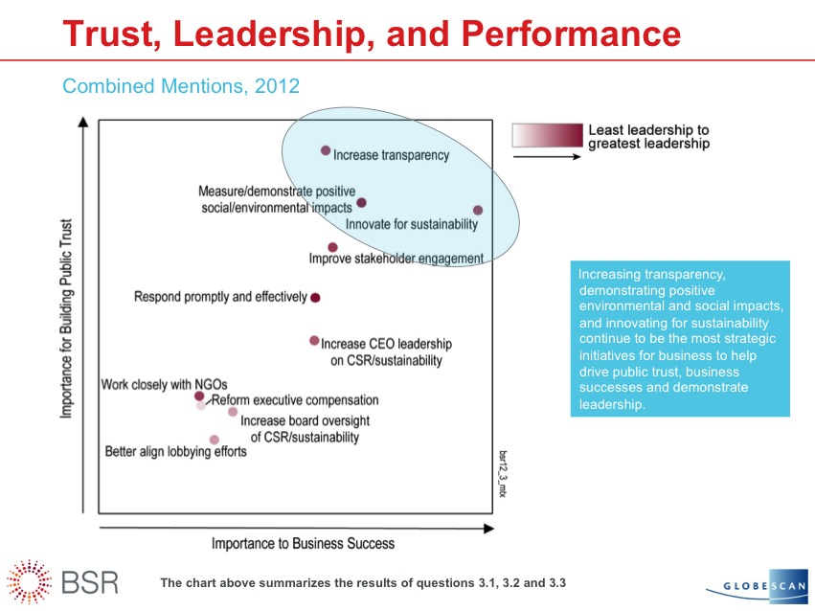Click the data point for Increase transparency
click(x=326, y=150)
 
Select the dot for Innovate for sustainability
click(x=478, y=210)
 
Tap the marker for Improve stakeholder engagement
click(x=332, y=247)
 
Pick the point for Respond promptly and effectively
click(x=315, y=298)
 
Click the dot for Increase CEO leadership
click(x=314, y=340)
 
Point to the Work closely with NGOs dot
click(x=199, y=396)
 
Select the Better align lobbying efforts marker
click(x=215, y=440)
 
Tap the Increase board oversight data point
click(x=233, y=412)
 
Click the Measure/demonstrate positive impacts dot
click(x=361, y=202)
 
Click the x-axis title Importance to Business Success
click(x=303, y=544)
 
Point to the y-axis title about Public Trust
click(x=67, y=321)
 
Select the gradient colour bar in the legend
click(x=547, y=135)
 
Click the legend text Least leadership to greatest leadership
click(x=648, y=137)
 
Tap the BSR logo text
click(x=95, y=581)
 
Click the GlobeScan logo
click(x=759, y=586)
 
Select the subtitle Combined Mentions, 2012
click(x=181, y=86)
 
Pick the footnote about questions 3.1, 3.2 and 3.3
click(x=369, y=582)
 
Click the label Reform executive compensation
click(x=295, y=400)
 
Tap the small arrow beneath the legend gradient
click(x=547, y=155)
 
